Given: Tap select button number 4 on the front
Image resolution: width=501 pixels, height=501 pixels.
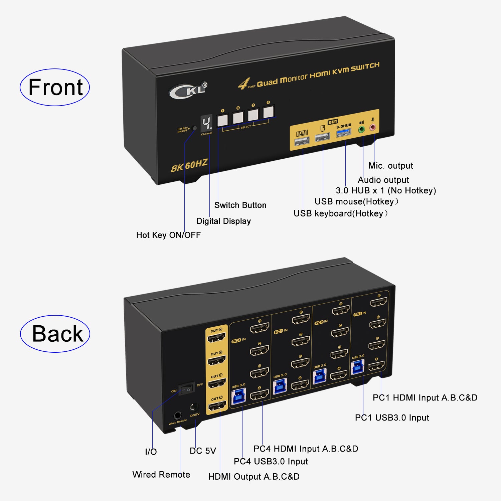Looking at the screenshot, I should click(268, 112).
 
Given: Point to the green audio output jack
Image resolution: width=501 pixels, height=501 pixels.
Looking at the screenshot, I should click(361, 129).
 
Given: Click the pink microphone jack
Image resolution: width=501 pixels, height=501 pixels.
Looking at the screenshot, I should click(372, 127).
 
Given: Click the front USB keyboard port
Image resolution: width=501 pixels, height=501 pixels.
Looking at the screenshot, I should click(302, 141).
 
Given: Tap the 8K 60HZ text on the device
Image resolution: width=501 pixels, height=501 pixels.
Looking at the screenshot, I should click(189, 165).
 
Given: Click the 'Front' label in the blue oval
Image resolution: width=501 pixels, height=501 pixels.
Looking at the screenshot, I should click(55, 88).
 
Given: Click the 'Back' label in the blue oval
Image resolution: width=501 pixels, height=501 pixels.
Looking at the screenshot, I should click(57, 334).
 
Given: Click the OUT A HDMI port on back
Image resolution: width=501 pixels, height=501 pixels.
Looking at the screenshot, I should click(217, 407).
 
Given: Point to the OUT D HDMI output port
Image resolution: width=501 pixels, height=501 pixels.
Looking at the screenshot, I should click(217, 338).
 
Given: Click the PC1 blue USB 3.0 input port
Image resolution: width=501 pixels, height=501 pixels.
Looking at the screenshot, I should click(358, 367).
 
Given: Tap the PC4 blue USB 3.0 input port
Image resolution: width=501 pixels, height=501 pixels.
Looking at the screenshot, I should click(238, 396).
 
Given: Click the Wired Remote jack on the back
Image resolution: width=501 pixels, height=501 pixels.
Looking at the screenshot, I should click(177, 416).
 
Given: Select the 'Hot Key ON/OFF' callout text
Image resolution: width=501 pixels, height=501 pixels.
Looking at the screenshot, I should click(168, 235).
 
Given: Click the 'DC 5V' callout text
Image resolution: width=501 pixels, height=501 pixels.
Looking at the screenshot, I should click(203, 451).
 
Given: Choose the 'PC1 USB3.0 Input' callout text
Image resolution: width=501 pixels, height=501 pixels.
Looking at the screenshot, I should click(392, 417).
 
